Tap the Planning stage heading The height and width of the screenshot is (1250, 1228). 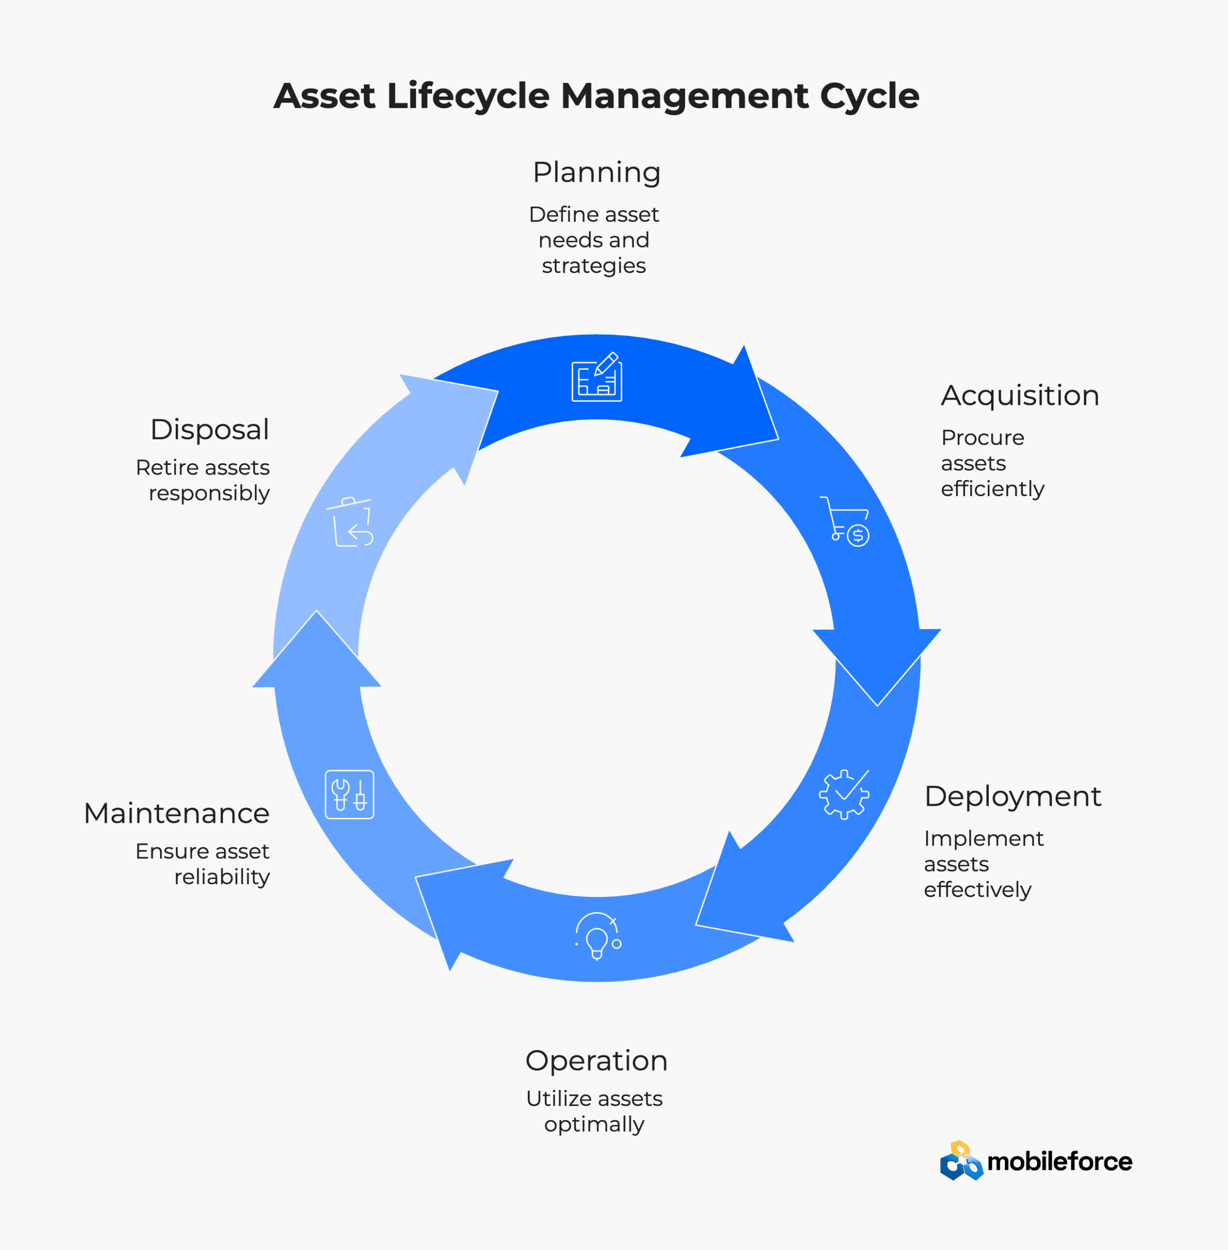coord(597,173)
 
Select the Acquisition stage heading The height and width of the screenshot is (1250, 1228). coord(1020,396)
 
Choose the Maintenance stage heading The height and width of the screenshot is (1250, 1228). coord(177,813)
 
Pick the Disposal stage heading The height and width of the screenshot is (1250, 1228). coord(209,430)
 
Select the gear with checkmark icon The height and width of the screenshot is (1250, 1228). coord(844,794)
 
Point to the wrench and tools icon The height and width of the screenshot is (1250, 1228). coord(350,794)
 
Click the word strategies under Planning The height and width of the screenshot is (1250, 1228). coord(593,266)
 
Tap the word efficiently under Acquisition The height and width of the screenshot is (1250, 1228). coord(992,489)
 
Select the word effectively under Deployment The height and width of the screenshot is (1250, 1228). coord(977,890)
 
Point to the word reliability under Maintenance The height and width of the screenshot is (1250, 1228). coord(222,876)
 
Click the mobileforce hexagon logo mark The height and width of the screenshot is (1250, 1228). coord(961,1161)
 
